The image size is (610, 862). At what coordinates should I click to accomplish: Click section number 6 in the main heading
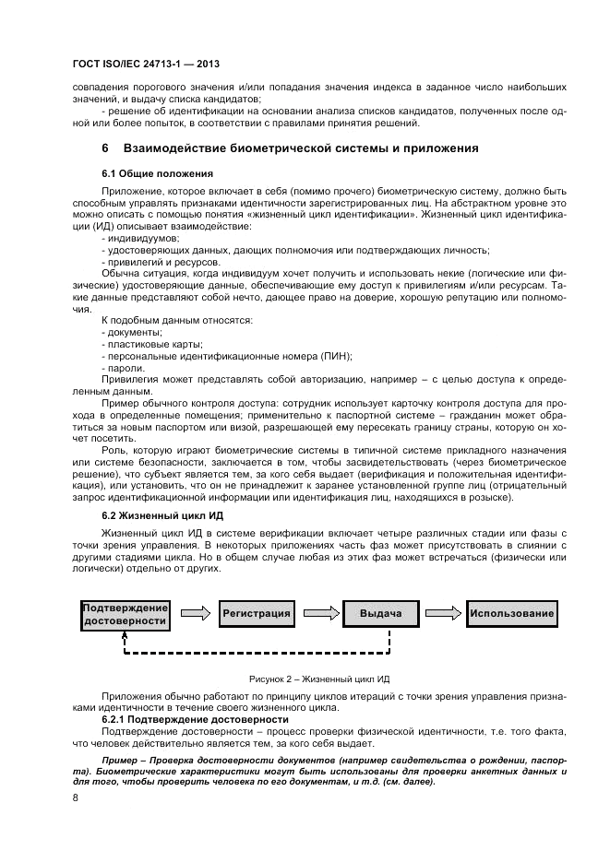(105, 148)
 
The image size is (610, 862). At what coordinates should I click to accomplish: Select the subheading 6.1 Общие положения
(157, 173)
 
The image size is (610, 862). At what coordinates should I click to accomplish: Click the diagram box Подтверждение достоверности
(126, 614)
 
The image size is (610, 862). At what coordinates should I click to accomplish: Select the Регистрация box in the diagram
(256, 613)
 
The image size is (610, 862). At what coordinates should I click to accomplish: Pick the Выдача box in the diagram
(380, 613)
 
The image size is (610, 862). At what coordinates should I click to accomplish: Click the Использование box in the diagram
(511, 613)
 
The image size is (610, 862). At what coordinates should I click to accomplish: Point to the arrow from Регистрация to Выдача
(318, 613)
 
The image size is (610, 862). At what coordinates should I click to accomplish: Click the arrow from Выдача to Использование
(443, 613)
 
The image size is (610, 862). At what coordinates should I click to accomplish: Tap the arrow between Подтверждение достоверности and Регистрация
(194, 613)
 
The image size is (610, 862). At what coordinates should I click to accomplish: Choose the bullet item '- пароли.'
(123, 368)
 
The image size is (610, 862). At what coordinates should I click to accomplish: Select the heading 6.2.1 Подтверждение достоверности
(196, 718)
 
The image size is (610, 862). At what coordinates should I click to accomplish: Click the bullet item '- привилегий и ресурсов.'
(154, 262)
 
